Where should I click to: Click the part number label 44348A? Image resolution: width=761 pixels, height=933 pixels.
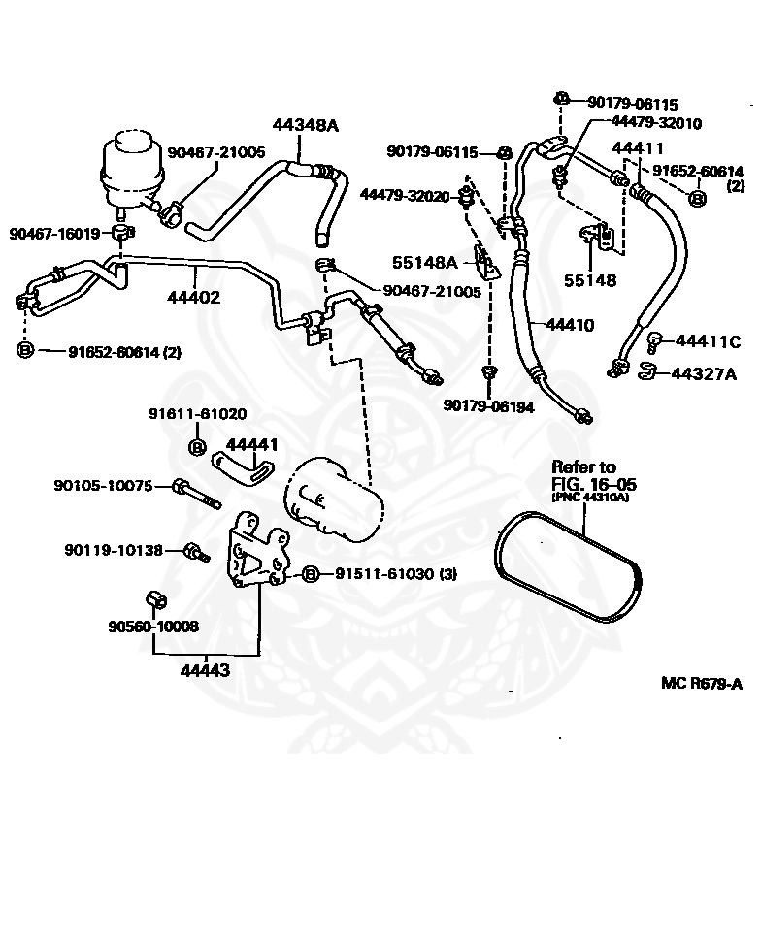tap(305, 125)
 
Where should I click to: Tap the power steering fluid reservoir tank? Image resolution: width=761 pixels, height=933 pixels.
tap(132, 173)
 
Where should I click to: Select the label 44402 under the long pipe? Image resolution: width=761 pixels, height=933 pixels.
tap(193, 297)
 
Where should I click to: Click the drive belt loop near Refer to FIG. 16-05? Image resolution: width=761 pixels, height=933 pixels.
tap(568, 567)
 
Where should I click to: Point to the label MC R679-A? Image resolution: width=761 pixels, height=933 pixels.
tap(702, 683)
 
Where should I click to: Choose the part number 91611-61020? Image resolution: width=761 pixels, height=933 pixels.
tap(197, 413)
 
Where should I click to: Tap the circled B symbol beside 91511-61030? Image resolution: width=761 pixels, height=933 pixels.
tap(311, 574)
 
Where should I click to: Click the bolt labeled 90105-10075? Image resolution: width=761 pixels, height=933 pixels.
tap(196, 494)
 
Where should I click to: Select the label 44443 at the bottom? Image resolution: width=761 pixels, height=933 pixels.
tap(205, 670)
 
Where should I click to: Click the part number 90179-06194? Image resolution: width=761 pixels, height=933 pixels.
tap(488, 406)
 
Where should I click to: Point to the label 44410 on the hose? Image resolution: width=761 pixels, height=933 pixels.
tap(569, 325)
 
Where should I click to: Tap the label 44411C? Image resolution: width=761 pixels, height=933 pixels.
tap(708, 341)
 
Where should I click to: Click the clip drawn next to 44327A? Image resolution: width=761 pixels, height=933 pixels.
tap(646, 371)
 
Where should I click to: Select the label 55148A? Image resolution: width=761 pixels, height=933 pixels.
tap(424, 263)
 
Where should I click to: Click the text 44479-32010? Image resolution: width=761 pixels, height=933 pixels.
tap(656, 123)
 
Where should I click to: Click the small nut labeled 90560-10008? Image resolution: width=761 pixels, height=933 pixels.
tap(156, 599)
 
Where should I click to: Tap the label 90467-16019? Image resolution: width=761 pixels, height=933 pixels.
tap(54, 233)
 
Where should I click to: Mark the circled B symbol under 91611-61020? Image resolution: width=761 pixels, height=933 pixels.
tap(197, 447)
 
